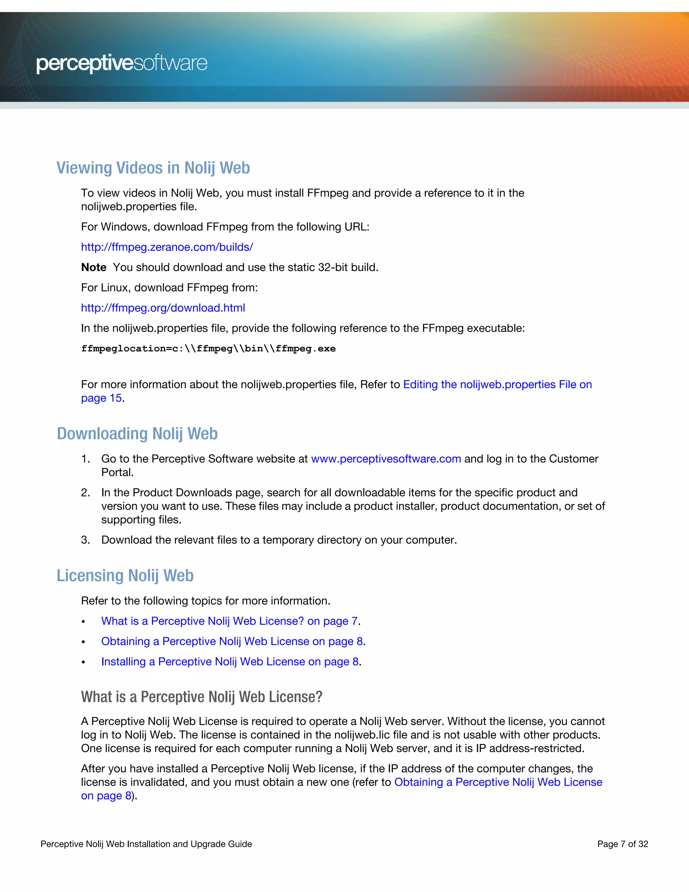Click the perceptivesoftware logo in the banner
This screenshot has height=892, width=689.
click(x=122, y=64)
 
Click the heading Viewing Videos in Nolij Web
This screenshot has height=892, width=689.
click(x=153, y=168)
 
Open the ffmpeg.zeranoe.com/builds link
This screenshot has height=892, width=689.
click(x=167, y=247)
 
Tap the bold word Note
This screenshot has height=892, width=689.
click(x=94, y=268)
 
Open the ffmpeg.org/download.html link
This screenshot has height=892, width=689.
click(x=163, y=308)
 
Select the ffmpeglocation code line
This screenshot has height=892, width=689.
click(x=208, y=348)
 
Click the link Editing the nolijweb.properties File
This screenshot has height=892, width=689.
click(x=497, y=385)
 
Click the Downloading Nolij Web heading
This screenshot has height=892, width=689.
click(x=137, y=434)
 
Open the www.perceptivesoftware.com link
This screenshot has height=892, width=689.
click(x=386, y=459)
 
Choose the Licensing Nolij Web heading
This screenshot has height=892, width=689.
click(x=125, y=576)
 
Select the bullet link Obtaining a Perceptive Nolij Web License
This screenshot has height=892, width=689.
click(x=232, y=642)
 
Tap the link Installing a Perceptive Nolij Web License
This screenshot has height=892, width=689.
click(x=230, y=662)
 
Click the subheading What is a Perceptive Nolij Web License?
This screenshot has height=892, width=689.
click(x=202, y=697)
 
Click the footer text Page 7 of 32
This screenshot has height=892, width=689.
click(x=622, y=844)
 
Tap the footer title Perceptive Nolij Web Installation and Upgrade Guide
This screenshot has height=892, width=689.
click(x=146, y=844)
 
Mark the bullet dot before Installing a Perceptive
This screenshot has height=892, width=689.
click(x=83, y=662)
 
